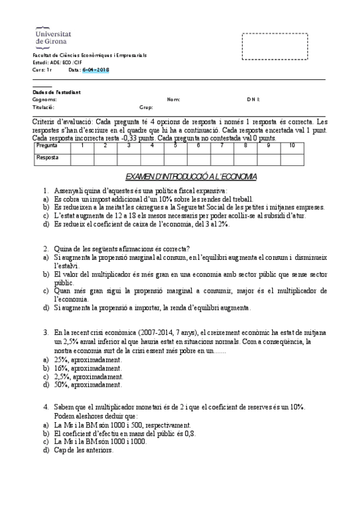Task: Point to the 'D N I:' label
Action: click(x=253, y=99)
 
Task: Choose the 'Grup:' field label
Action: click(x=146, y=107)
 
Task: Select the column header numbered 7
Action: click(x=221, y=146)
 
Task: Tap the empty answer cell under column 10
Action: click(x=291, y=158)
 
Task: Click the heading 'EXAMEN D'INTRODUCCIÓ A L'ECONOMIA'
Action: click(x=191, y=177)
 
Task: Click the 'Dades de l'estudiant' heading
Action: click(x=56, y=92)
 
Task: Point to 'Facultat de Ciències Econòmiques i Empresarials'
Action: click(x=90, y=55)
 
